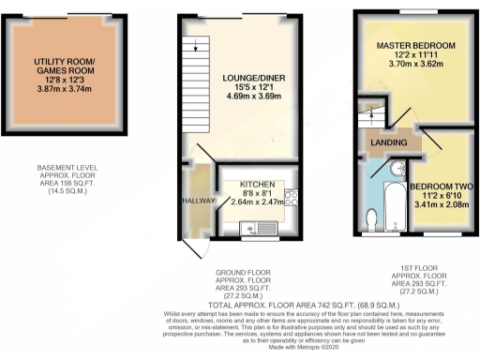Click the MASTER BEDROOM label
[x=415, y=46]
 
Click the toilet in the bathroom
[x=372, y=218]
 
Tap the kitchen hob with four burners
[x=292, y=199]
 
